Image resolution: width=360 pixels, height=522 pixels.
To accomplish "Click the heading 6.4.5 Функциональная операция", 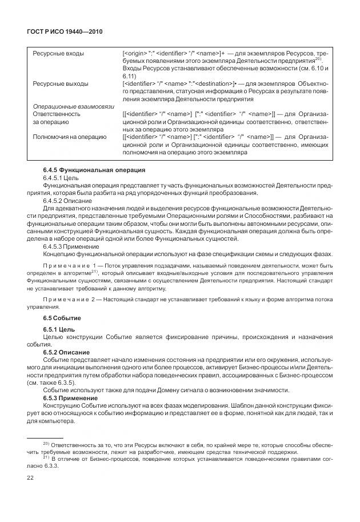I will [86, 170].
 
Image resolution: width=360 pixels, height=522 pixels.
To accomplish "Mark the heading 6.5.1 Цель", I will [59, 329].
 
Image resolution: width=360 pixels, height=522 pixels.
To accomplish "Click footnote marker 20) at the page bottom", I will [47, 443].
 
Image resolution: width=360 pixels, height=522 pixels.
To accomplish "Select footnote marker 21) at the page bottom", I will [47, 458].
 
